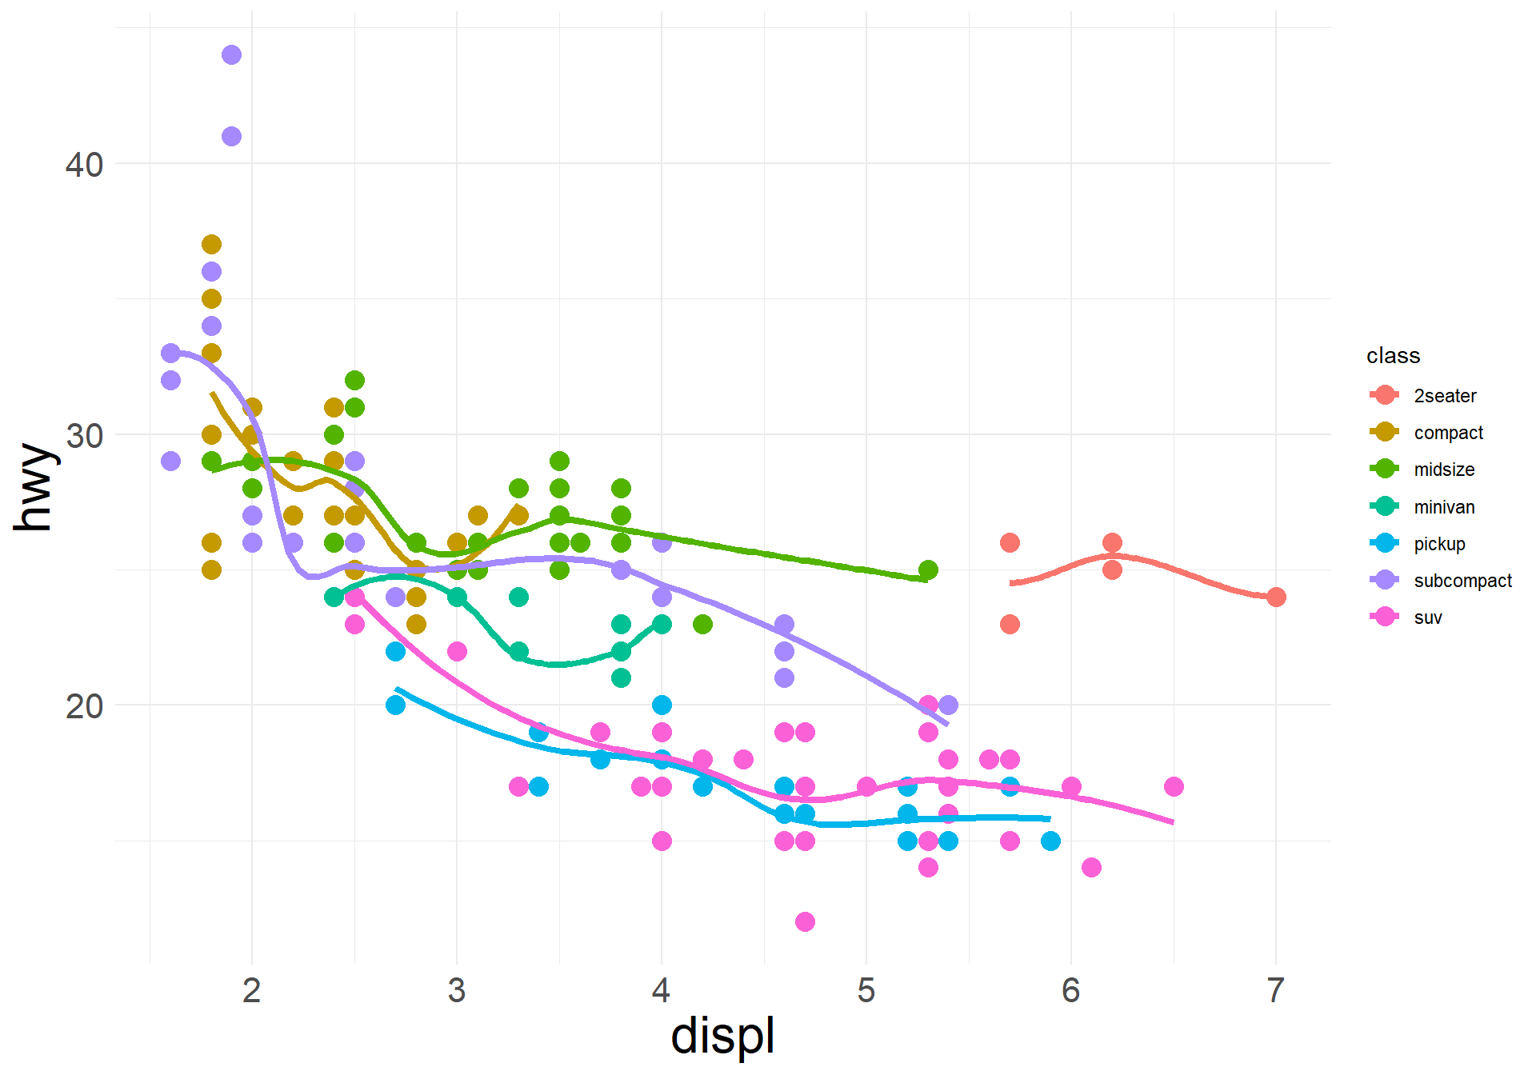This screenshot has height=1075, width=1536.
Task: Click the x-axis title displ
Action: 722,1037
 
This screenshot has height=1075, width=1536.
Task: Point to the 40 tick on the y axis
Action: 84,165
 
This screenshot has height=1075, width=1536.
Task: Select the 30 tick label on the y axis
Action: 84,436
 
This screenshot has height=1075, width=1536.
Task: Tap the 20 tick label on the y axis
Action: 84,706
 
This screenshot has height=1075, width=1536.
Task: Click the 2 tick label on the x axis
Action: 252,991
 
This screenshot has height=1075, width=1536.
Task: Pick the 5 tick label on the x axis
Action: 866,991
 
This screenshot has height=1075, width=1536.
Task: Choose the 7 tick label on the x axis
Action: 1276,991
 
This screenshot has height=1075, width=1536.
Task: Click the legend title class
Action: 1393,356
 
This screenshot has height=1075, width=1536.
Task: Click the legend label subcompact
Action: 1462,581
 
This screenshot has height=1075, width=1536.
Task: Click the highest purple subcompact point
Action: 231,55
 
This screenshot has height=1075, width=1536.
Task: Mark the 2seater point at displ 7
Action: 1276,597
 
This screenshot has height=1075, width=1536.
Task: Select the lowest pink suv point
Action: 805,922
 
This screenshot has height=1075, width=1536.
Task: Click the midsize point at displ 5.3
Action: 928,570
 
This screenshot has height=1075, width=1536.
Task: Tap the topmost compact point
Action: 211,245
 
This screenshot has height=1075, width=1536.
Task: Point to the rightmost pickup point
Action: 1050,841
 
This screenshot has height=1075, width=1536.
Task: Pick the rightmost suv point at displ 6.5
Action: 1174,787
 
